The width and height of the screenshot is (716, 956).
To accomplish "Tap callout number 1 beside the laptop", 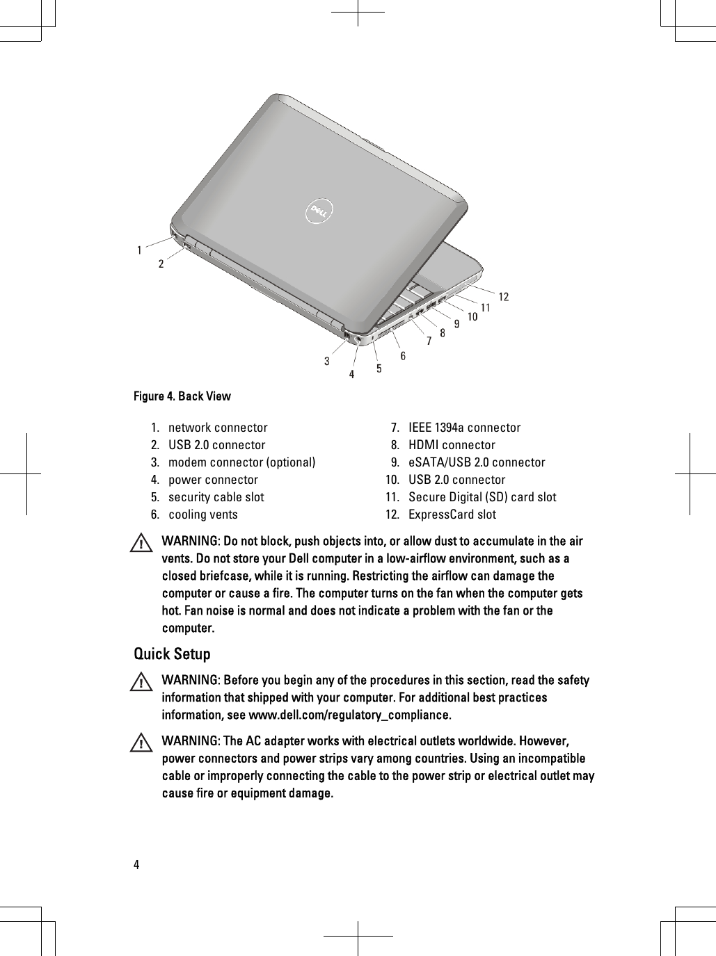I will [140, 249].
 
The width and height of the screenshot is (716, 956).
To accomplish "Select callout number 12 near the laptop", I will [503, 297].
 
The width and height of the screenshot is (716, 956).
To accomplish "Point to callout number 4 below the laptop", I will [351, 374].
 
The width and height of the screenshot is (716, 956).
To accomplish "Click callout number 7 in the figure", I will [429, 340].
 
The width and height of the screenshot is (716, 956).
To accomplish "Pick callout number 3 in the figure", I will [326, 361].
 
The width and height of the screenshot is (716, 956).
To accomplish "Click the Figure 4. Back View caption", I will [182, 396].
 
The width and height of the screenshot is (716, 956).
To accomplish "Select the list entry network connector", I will [218, 428].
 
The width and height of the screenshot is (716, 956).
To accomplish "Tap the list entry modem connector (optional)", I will [241, 462].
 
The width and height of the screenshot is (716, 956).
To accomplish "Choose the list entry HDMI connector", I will [452, 445].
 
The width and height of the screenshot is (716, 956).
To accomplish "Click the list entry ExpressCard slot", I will [452, 515].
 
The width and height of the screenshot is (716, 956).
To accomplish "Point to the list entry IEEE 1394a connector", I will [464, 428].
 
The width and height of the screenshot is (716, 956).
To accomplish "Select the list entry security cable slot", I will [216, 497].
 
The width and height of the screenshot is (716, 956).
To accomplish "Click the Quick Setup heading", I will [172, 654].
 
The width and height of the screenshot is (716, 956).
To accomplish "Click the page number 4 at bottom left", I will [136, 865].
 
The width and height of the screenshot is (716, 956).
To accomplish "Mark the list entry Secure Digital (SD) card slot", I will [482, 497].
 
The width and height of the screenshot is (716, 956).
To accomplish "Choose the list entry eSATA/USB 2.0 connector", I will [477, 462].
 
